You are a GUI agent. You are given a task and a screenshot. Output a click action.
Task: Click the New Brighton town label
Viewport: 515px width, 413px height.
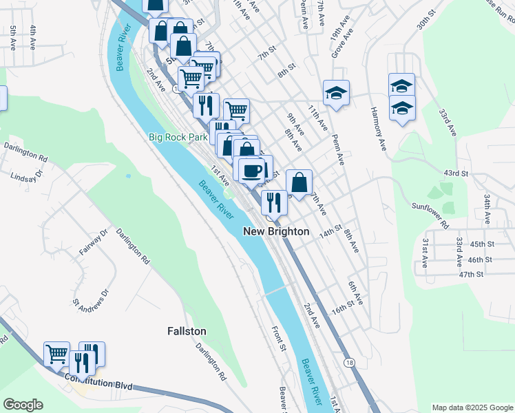click(x=276, y=232)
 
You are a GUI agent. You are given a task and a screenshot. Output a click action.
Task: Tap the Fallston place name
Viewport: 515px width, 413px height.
click(x=187, y=331)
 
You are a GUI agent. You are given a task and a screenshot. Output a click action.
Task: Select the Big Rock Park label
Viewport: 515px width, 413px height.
click(x=178, y=137)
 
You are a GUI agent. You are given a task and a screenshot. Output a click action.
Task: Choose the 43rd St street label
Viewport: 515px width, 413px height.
click(x=456, y=173)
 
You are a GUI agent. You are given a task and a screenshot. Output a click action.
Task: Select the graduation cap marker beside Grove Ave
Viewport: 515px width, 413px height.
click(x=336, y=92)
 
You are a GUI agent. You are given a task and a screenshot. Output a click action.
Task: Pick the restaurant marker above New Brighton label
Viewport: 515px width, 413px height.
click(x=274, y=202)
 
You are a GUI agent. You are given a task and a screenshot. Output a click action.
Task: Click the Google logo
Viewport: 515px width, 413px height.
click(x=23, y=405)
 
